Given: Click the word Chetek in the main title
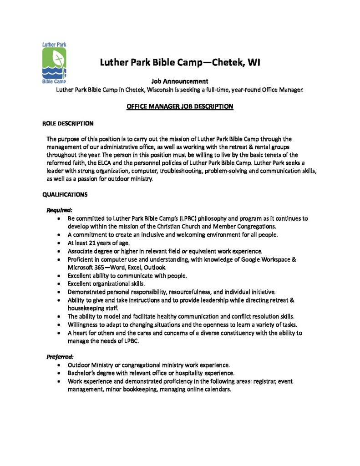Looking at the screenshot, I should coord(225,62).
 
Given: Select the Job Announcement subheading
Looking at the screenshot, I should coord(179,82).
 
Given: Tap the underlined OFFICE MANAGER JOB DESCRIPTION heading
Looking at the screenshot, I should coord(179,106).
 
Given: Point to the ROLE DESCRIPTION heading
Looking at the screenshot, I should coord(68,123).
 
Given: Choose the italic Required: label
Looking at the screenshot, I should coord(60,210).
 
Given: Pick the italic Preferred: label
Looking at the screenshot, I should coord(61,357).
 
